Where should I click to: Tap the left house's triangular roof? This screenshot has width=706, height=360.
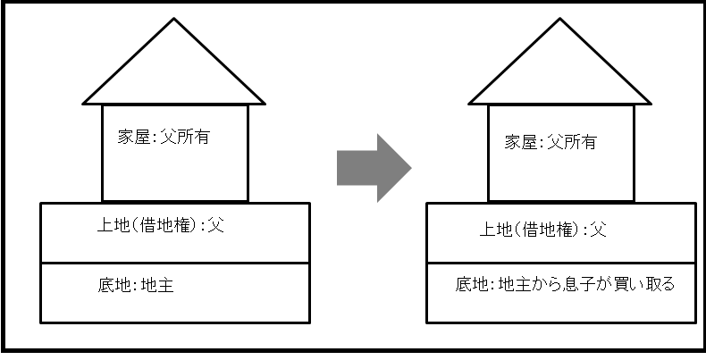point(174,71)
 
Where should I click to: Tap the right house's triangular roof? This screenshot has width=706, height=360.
point(560,71)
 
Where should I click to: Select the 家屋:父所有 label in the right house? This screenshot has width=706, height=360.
point(550,141)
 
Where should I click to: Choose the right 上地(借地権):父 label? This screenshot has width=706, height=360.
point(543,230)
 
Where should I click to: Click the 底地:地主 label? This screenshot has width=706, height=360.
point(146,286)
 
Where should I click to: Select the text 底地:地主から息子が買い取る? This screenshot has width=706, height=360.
point(564,286)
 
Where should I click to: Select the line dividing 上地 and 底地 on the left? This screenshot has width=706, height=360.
point(175,263)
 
